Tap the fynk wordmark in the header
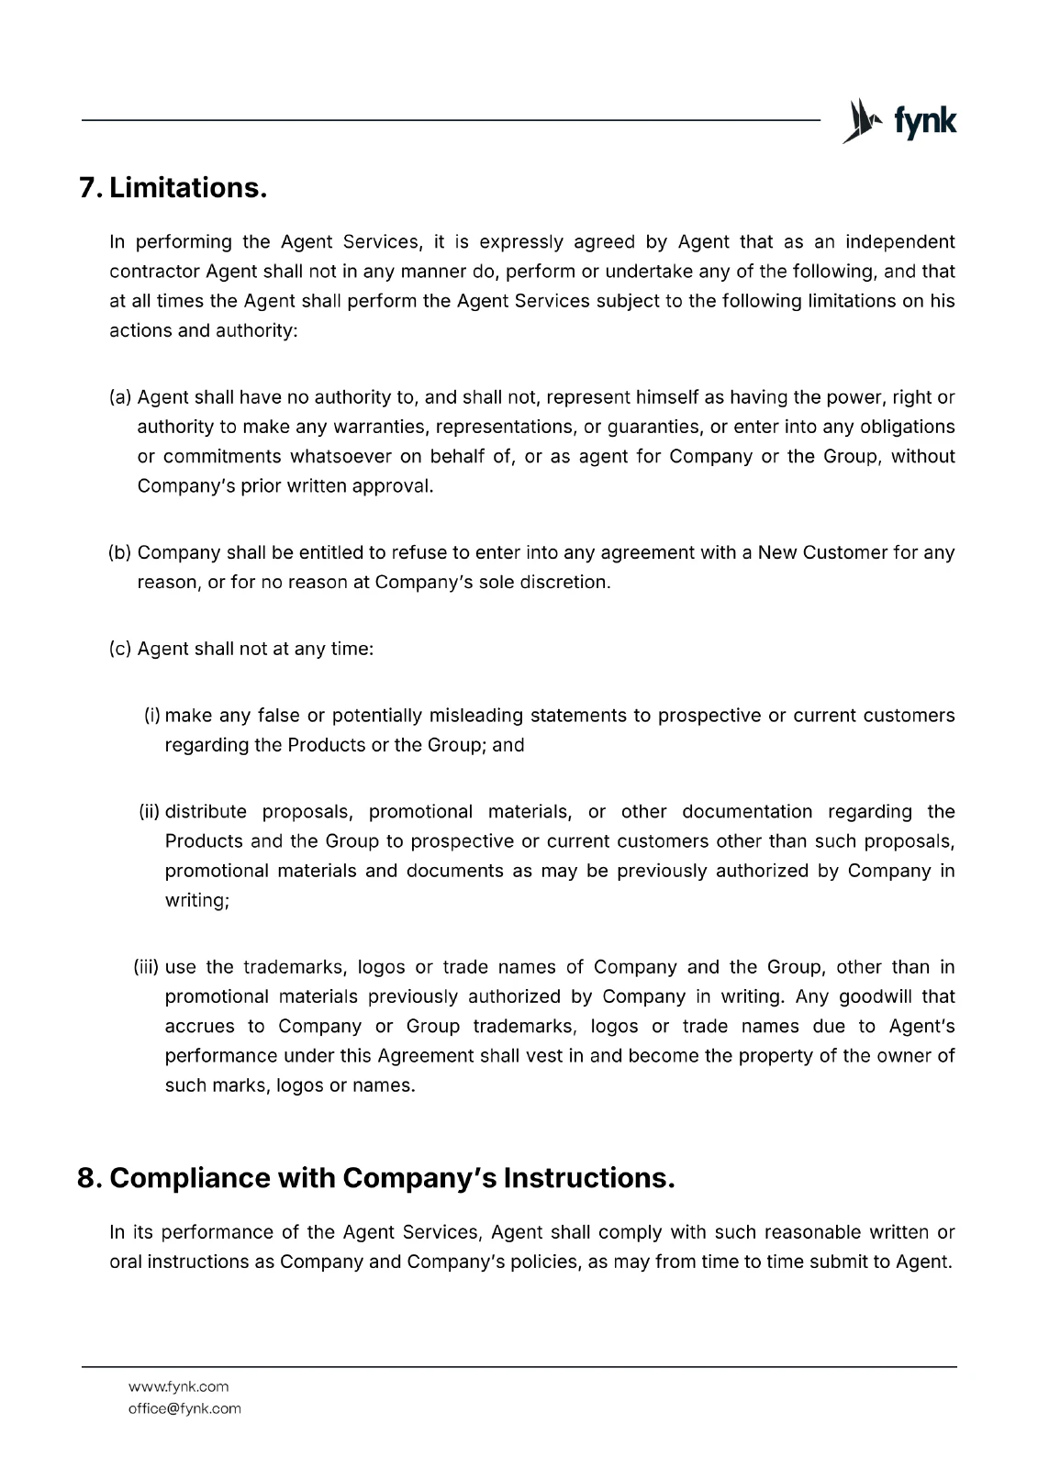coord(925,121)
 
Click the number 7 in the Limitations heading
coord(89,188)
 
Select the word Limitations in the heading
coord(188,188)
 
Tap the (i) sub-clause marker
coord(152,716)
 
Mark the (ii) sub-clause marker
coord(150,812)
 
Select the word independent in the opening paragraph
coord(899,242)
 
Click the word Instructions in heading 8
coord(588,1178)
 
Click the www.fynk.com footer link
coord(178,1386)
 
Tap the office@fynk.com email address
coord(184,1408)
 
